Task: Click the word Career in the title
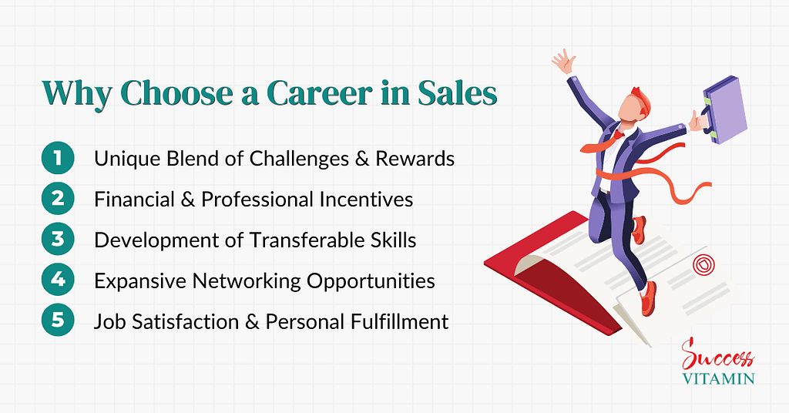(320, 93)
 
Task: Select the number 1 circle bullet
(58, 158)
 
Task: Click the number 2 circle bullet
(58, 199)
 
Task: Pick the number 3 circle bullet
(58, 239)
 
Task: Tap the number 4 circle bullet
(58, 279)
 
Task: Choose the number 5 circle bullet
(58, 320)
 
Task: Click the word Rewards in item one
(415, 159)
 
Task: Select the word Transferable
(307, 240)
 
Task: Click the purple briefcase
(724, 109)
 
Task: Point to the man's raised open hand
(564, 62)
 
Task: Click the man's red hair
(640, 99)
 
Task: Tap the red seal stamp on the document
(704, 265)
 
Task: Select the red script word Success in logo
(717, 355)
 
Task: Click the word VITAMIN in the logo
(719, 379)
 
